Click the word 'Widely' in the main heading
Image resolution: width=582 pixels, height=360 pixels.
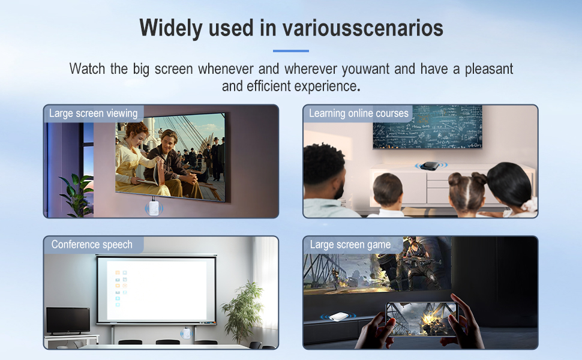click(x=170, y=28)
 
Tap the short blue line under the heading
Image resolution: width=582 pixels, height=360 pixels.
click(x=291, y=51)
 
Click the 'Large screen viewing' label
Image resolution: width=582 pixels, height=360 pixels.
click(x=93, y=113)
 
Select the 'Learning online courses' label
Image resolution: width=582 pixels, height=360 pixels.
click(x=358, y=113)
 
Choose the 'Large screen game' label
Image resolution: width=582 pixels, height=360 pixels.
click(x=350, y=245)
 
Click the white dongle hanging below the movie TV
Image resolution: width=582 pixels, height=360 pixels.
click(x=154, y=207)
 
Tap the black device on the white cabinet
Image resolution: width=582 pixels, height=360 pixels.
click(x=427, y=166)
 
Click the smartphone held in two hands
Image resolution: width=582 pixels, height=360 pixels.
click(x=419, y=318)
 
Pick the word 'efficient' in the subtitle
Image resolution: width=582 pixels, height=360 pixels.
click(x=269, y=86)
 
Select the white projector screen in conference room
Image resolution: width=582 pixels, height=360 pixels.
click(x=156, y=289)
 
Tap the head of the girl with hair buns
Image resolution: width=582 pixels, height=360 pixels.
click(x=464, y=189)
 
